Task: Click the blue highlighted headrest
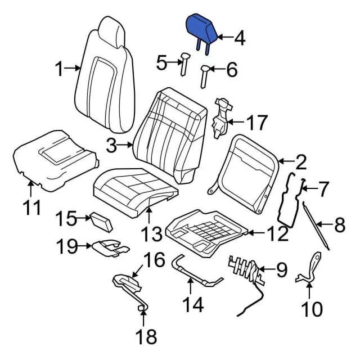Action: [x=201, y=28]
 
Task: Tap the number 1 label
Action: [x=60, y=70]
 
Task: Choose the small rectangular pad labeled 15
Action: [x=101, y=222]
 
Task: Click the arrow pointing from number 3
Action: [x=127, y=146]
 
